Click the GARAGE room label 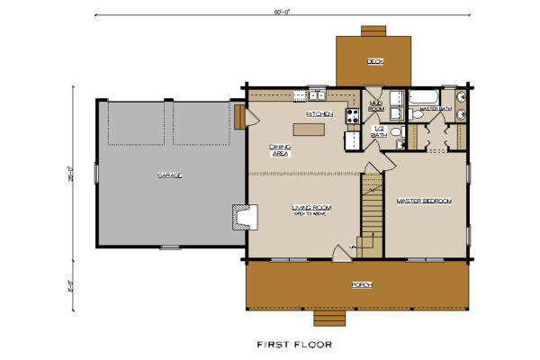171,175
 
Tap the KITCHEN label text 319,114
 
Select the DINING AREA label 281,150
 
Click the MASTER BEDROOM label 423,201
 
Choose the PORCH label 362,285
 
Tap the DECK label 374,61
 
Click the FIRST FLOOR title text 294,344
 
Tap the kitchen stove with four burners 353,115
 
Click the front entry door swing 340,253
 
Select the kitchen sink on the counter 317,94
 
